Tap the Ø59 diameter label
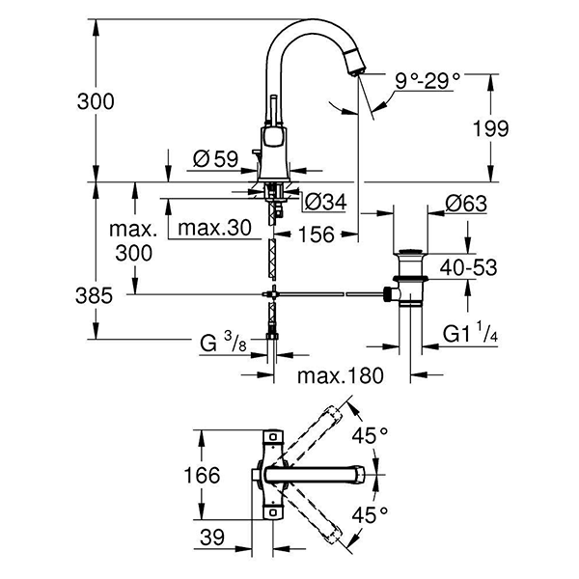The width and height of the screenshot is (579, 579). [209, 160]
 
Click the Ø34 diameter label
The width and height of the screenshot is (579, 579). [326, 202]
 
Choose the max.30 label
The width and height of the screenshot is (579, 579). [212, 228]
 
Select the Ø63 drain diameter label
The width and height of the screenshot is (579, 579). [466, 204]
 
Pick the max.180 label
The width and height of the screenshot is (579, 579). [340, 374]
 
